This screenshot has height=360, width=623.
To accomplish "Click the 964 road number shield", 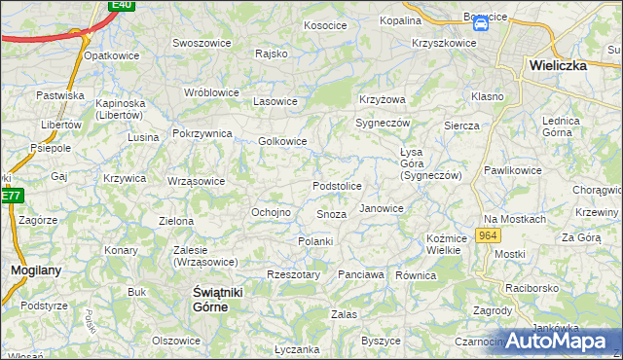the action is point(488,236).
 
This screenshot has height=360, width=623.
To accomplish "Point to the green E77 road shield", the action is point(11,196).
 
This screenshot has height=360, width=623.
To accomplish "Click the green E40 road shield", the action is point(121,5).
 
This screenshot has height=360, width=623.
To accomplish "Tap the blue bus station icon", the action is point(480,28).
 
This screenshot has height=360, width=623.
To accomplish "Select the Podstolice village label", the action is point(337,186).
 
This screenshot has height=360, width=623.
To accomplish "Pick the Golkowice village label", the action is point(282,141).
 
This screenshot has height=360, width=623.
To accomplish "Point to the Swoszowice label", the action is point(200,43).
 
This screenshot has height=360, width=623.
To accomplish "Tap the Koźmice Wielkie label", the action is point(443,244).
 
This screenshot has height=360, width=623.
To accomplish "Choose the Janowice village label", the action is point(382,208).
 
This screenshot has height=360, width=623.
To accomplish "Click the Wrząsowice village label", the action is point(196,181).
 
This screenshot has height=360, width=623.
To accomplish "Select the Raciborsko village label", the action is point(533,289).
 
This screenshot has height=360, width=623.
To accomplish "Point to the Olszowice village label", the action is point(176,341).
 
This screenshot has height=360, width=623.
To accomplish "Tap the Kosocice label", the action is point(325,25).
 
